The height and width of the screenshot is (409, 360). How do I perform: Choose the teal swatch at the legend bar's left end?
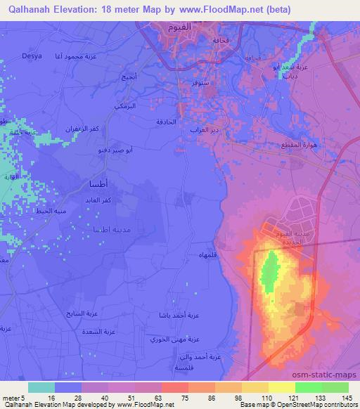[41, 387]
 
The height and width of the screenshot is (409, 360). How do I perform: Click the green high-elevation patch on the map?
[268, 273]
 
